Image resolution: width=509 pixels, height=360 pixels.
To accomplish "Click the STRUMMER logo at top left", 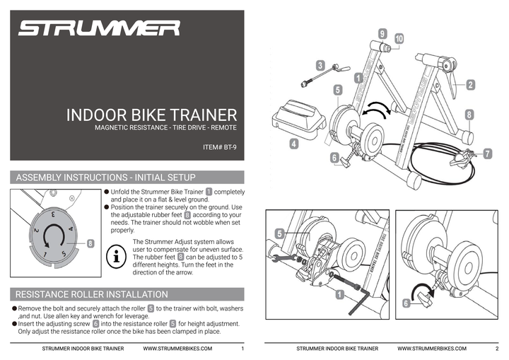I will coord(99,28).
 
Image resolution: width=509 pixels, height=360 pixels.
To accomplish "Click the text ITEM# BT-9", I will coord(219,149).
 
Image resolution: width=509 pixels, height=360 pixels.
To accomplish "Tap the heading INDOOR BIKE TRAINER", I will coord(151,115).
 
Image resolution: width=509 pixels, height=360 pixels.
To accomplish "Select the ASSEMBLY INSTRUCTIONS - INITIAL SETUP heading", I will coord(105,177).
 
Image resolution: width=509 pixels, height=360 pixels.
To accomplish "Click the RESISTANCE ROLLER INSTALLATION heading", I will coord(92,294).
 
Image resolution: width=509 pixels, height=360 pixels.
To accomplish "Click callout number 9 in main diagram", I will coord(382,33).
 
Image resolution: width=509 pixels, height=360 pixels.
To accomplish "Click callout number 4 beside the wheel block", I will coord(293,143).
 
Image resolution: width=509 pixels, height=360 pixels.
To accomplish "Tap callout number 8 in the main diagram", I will coord(469,114).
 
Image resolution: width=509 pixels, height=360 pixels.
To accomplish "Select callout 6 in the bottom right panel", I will coord(406,303).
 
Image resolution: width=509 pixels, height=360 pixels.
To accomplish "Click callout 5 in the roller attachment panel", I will coord(279,233).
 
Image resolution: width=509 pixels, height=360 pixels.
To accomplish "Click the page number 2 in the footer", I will coord(497,349).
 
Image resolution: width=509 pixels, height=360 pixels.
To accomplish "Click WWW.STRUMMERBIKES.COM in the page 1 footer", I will coord(176,349).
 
